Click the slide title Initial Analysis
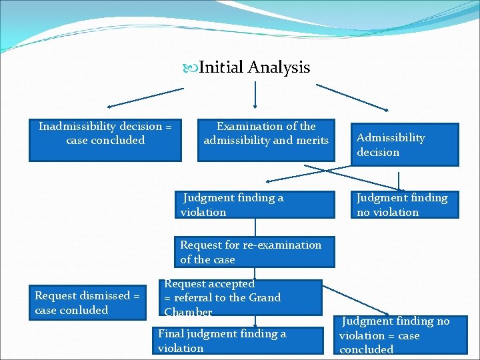(254, 67)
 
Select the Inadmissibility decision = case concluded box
(105, 140)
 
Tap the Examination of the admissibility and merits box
(266, 140)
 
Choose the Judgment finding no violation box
(405, 205)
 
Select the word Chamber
(188, 312)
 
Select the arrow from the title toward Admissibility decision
(353, 97)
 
